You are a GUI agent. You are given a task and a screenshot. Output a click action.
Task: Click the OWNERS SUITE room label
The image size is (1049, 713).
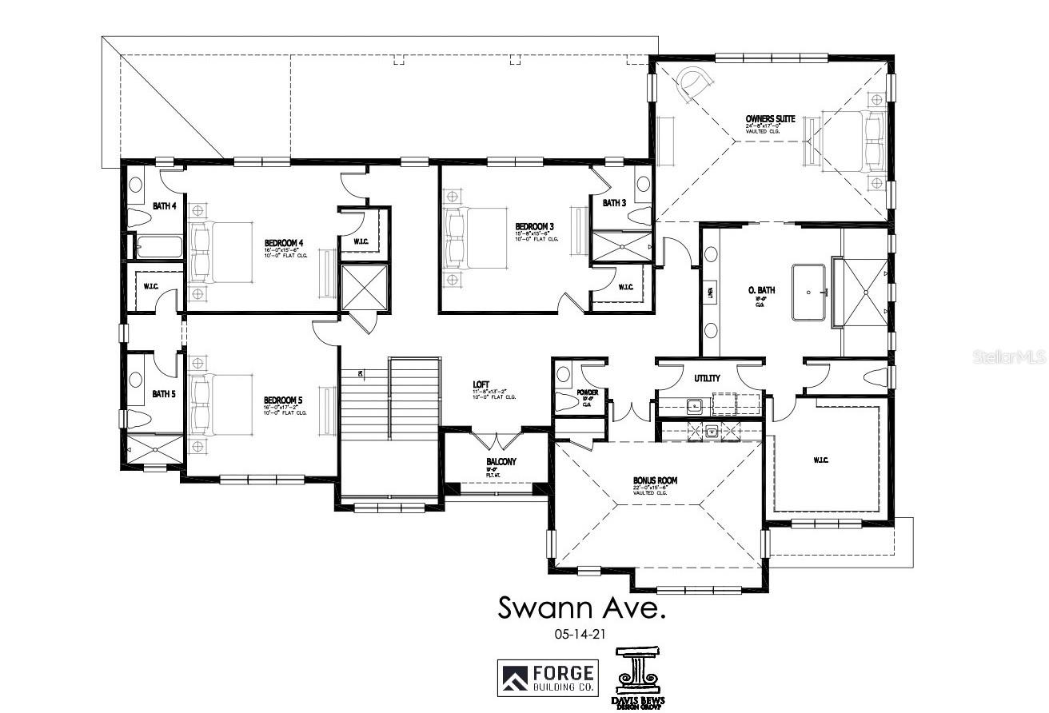tap(770, 118)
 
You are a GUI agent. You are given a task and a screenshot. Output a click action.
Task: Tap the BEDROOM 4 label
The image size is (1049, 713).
tap(285, 242)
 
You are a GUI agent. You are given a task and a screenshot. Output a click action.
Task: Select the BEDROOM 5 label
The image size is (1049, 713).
tap(285, 400)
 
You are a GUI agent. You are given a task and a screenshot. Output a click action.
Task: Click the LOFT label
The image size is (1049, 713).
tap(481, 384)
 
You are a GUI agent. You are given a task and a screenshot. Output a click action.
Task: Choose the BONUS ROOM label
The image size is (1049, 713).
tap(656, 480)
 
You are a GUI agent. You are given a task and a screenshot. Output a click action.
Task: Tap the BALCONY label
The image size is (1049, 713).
tap(501, 462)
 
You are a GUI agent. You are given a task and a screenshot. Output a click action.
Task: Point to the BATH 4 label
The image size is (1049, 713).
tap(164, 206)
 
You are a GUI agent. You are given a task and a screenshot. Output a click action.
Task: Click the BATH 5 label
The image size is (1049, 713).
tap(164, 393)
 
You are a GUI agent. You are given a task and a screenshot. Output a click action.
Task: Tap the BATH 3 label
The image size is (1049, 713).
tap(614, 203)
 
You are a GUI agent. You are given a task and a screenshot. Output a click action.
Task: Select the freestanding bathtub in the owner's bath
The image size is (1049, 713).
tap(812, 293)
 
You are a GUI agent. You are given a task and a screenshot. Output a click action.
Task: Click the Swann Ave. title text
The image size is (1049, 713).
tap(581, 607)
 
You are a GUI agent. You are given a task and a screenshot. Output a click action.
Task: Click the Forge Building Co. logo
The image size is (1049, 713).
tap(547, 677)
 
